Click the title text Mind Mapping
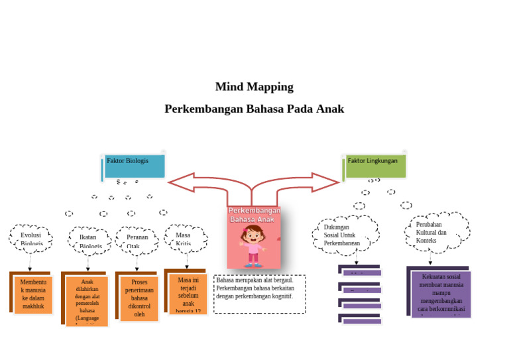click(x=254, y=87)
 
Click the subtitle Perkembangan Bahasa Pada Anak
click(x=254, y=109)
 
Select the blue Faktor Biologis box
click(x=135, y=166)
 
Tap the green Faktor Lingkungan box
click(x=375, y=166)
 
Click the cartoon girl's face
click(x=253, y=236)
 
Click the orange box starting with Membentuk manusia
click(x=33, y=294)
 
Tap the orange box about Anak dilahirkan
click(x=87, y=300)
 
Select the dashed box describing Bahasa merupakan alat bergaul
click(x=259, y=294)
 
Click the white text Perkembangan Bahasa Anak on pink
click(x=254, y=214)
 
